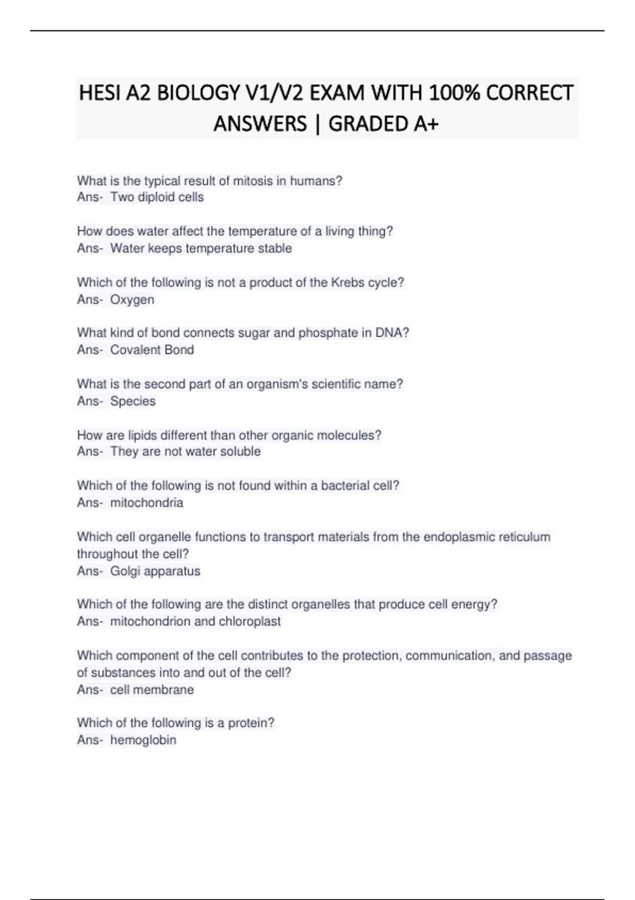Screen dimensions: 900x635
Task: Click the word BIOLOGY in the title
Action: (198, 93)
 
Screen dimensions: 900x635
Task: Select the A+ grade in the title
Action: (426, 124)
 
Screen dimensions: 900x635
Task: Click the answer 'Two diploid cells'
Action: (157, 197)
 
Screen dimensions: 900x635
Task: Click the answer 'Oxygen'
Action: (132, 300)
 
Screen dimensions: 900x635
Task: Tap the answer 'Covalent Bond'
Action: (152, 350)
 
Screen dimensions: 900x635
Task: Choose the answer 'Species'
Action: (133, 401)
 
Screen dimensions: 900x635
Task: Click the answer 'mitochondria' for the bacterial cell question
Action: (147, 502)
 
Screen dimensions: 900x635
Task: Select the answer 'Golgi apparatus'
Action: (155, 571)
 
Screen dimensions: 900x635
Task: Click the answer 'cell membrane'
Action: (152, 690)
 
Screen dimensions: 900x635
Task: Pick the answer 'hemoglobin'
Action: (143, 740)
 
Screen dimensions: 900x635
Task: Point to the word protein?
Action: (251, 723)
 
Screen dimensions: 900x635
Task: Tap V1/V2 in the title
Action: (274, 93)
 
